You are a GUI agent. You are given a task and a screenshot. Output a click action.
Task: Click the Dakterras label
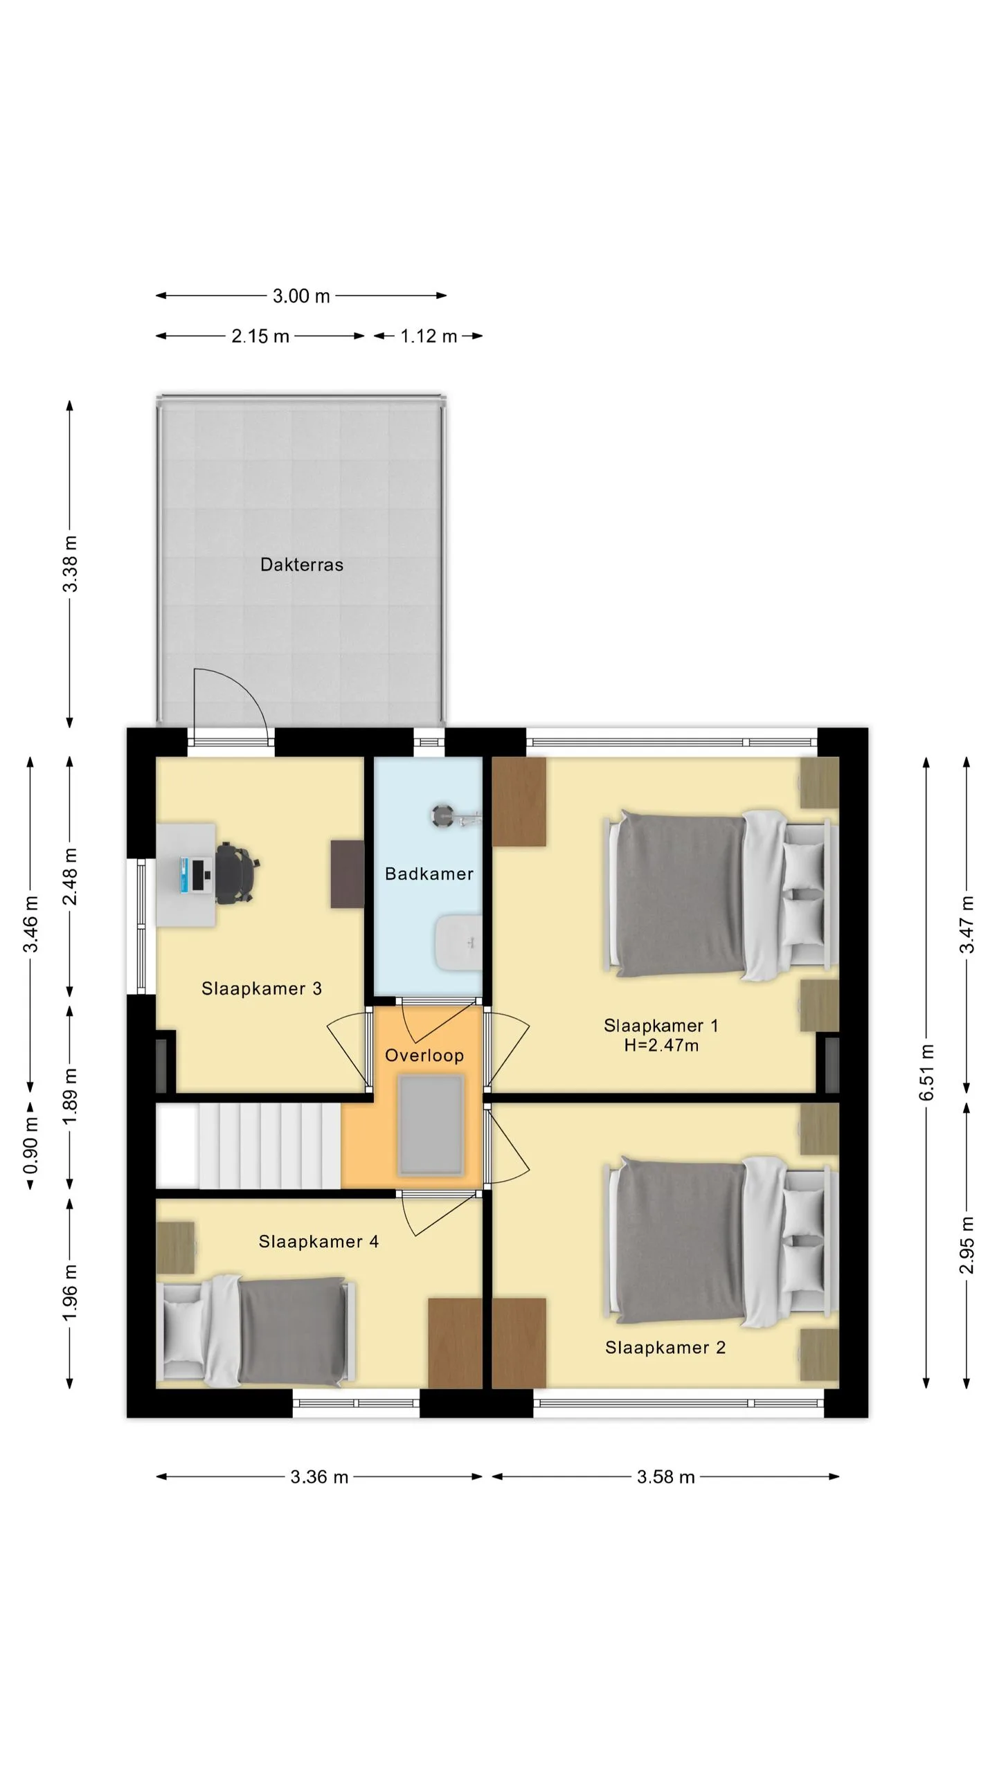pos(301,565)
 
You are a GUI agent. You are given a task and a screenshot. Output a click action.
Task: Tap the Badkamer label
pos(429,874)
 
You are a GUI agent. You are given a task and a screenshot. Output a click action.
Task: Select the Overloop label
pos(424,1055)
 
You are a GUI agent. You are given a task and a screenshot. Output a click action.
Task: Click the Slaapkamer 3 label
pos(262,988)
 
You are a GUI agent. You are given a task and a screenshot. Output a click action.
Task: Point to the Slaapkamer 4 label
pos(318,1241)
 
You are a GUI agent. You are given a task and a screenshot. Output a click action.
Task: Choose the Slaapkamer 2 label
pos(665,1347)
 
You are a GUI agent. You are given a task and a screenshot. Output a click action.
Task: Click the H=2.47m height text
pos(661,1045)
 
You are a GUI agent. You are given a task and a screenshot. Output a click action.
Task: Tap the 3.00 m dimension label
pos(301,296)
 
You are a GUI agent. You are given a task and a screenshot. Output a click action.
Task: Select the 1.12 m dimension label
pos(429,336)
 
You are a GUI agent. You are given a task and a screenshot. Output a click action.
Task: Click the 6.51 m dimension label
pos(928,1072)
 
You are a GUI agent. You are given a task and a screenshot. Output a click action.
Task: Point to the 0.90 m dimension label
pos(30,1146)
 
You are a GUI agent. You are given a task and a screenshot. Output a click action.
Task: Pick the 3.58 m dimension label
pos(665,1477)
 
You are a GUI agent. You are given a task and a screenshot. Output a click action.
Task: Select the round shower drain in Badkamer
pos(442,816)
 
